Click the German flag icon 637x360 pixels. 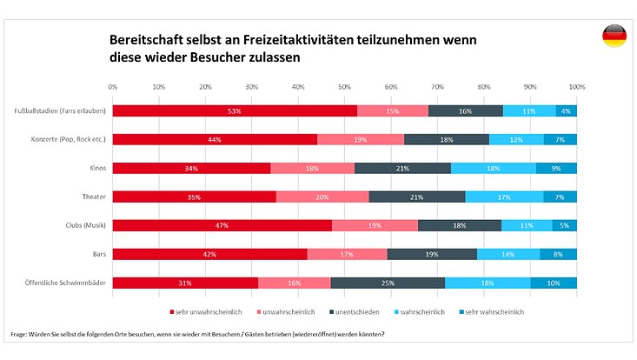614,37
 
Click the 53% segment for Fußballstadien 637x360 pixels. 235,111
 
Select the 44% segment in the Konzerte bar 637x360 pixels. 215,139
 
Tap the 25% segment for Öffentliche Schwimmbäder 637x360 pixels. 388,282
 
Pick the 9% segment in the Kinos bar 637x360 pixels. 556,168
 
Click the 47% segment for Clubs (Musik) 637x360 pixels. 222,225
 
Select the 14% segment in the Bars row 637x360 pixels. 508,254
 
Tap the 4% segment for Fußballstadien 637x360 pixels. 567,111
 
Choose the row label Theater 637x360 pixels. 95,197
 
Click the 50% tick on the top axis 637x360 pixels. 344,87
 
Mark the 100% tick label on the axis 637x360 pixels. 576,87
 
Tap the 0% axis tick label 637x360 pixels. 113,87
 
